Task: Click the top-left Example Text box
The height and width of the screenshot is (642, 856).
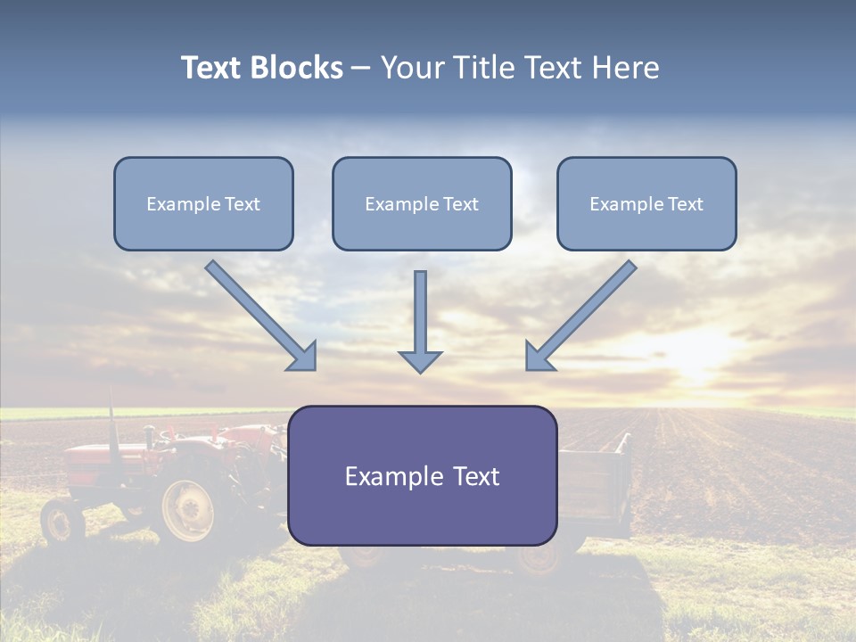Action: coord(203,203)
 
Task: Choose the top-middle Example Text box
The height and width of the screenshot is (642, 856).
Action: coord(422,203)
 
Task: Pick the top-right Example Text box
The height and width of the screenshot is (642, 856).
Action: coord(646,203)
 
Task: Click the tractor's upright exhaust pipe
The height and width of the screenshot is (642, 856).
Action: coord(112,414)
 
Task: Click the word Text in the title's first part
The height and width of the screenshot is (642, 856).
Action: coord(212,68)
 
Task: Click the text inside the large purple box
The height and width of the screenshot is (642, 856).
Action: coord(423,476)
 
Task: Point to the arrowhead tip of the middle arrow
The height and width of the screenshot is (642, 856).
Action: coord(420,371)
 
